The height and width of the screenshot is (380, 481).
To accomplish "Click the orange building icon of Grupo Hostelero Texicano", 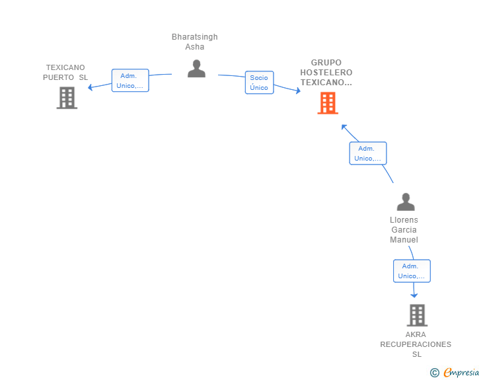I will click(x=327, y=103).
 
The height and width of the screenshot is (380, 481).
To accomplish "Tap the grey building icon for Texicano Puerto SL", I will click(x=67, y=98).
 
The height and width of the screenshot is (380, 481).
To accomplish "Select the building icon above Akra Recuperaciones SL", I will click(x=417, y=315).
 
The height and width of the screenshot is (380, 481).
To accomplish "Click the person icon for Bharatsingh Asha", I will click(x=196, y=69).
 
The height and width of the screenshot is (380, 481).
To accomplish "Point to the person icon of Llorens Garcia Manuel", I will click(x=405, y=202).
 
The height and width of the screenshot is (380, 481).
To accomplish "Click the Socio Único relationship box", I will click(x=259, y=83).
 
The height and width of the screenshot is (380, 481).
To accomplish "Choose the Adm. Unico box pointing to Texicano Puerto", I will click(x=130, y=81).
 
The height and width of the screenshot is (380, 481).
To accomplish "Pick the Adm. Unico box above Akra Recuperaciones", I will click(x=412, y=271).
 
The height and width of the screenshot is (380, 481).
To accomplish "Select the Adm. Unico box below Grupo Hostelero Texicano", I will click(x=367, y=153).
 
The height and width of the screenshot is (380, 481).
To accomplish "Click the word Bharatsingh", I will click(x=194, y=37).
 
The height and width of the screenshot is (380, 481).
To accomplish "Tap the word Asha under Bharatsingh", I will click(x=194, y=47).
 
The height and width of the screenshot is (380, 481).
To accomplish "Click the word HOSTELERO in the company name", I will click(x=326, y=73).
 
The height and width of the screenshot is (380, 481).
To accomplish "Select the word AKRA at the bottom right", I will click(x=416, y=334).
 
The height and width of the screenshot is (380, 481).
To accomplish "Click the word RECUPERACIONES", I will click(x=416, y=344).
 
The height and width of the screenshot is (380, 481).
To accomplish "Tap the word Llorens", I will click(x=404, y=220).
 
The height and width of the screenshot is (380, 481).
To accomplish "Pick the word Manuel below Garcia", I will click(x=404, y=240).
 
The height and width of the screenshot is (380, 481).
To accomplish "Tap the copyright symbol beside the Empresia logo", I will click(x=434, y=373).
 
